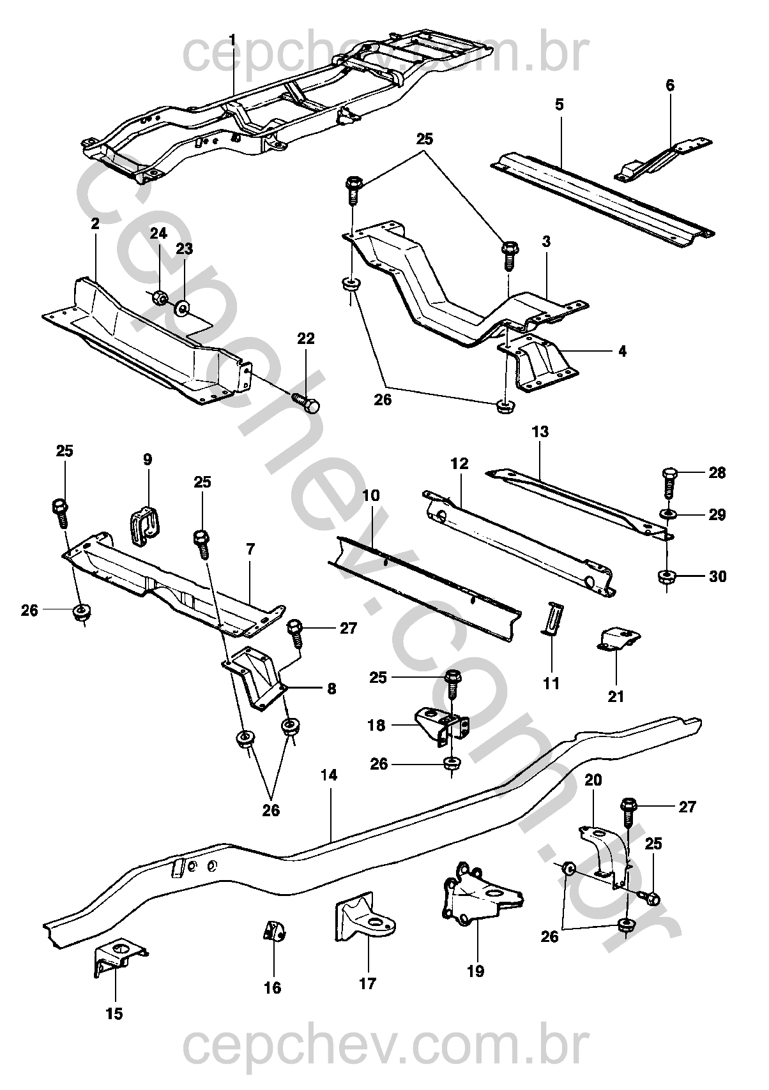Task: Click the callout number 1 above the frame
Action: point(232,40)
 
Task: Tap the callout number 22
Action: point(306,339)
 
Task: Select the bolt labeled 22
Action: point(306,402)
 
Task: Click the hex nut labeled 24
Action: point(160,297)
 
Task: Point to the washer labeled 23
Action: point(183,308)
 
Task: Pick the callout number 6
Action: point(670,85)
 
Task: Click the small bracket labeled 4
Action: point(537,364)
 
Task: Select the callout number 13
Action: point(540,431)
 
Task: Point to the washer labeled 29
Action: point(667,514)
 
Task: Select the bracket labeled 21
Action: point(618,640)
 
